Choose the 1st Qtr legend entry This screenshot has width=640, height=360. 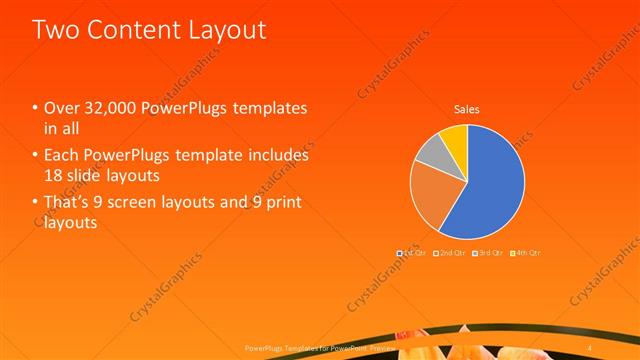pos(411,253)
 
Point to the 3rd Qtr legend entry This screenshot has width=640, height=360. pos(489,253)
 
